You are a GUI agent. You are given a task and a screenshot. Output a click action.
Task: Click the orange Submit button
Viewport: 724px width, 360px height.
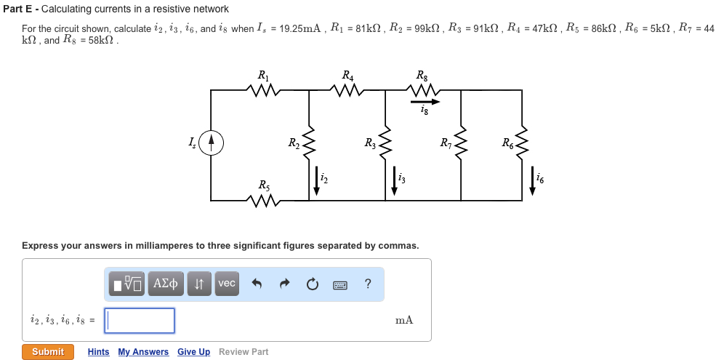48,352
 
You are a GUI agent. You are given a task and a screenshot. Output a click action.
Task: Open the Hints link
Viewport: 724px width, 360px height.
98,352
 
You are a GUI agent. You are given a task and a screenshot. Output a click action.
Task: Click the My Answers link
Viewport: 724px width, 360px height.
143,352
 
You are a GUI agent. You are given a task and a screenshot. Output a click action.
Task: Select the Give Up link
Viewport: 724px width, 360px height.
193,352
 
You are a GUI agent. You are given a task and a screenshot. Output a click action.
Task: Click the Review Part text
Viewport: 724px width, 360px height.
244,352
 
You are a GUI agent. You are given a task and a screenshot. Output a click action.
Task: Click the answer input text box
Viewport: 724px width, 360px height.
140,321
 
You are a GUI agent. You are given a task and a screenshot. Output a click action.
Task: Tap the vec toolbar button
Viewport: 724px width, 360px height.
227,284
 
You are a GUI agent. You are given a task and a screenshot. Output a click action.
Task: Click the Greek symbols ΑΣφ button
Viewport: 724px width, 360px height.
166,284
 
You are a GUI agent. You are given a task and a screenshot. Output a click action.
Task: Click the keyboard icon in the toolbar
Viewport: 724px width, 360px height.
340,284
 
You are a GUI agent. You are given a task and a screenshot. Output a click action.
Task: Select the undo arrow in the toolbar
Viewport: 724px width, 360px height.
257,284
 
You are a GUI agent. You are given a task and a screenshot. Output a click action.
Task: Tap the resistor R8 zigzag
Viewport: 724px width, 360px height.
422,90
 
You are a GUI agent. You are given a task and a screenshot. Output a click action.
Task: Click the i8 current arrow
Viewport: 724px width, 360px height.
425,101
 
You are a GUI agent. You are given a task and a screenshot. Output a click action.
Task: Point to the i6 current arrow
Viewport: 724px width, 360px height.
532,182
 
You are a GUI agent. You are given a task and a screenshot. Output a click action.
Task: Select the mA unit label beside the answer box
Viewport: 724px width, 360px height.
404,320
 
